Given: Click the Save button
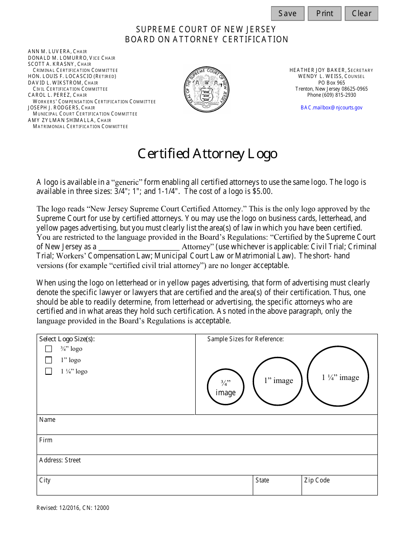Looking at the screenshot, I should pos(287,14).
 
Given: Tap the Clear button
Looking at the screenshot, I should pos(361,14).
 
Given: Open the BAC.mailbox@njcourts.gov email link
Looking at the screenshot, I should pos(331,108).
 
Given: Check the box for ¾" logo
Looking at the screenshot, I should pos(49,349).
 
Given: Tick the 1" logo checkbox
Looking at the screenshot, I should pos(49,360).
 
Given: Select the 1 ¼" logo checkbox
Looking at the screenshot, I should pos(49,372).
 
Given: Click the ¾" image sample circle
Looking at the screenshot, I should pos(225,387).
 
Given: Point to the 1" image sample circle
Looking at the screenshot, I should pos(278,381).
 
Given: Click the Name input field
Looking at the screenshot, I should pos(207,427).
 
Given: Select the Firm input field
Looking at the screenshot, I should pos(207,447).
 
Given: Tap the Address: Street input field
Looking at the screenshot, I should pos(207,467).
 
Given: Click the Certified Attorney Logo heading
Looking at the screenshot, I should pos(207,154).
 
